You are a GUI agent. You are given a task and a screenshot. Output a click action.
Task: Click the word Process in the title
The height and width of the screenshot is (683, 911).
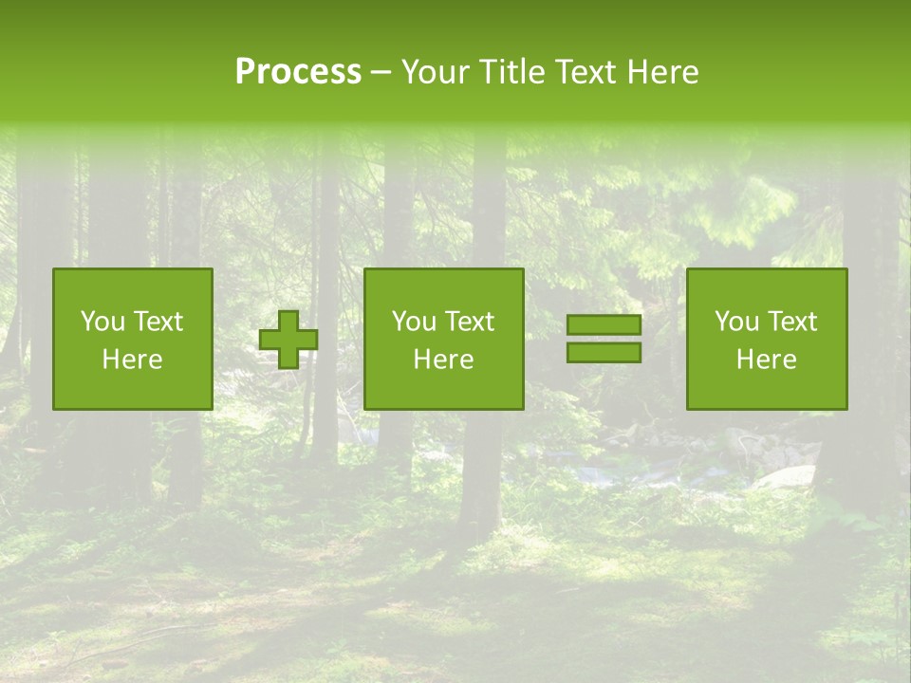click(298, 72)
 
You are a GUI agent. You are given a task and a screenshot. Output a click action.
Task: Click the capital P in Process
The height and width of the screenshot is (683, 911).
click(245, 72)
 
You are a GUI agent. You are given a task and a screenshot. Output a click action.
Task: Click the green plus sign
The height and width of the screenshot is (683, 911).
click(288, 340)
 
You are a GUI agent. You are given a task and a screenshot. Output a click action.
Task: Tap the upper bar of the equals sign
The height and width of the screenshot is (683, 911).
click(604, 325)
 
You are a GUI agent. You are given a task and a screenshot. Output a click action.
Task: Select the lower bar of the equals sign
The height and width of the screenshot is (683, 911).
click(604, 353)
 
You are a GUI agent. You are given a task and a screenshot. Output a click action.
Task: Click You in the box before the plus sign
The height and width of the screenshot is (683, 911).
click(102, 322)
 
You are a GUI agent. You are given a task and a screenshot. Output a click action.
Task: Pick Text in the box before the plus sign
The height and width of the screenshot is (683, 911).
click(157, 322)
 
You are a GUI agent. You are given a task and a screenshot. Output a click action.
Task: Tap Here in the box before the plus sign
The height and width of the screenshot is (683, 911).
click(132, 360)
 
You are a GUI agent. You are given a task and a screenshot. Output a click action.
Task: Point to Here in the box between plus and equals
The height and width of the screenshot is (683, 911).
click(443, 360)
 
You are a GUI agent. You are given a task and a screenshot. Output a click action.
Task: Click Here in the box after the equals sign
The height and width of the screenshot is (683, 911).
click(766, 360)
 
